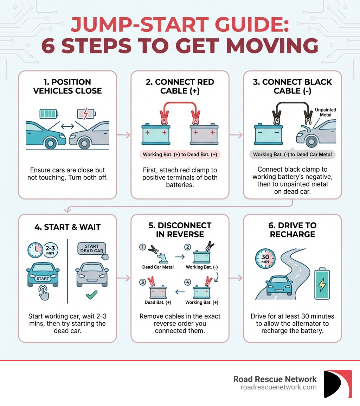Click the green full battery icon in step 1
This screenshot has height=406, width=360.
tap(49, 114)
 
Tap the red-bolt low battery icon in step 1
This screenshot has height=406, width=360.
tap(86, 114)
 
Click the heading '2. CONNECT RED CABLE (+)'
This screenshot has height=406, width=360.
tap(180, 86)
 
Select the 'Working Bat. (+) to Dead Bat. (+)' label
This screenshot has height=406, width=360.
tap(180, 154)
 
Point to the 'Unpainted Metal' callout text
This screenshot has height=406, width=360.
tap(326, 112)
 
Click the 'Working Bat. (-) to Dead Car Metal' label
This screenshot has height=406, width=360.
tap(292, 154)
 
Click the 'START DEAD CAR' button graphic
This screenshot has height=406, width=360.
tap(92, 248)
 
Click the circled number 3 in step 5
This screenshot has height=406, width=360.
tap(143, 282)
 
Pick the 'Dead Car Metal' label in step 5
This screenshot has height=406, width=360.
tap(158, 267)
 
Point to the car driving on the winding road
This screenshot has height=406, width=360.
tap(279, 285)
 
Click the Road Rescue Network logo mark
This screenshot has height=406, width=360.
tap(338, 383)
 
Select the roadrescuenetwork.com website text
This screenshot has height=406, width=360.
tap(278, 387)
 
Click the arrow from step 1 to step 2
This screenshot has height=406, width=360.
tap(123, 135)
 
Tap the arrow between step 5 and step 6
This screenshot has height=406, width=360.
tap(236, 278)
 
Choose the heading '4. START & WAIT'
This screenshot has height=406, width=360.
tap(67, 227)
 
